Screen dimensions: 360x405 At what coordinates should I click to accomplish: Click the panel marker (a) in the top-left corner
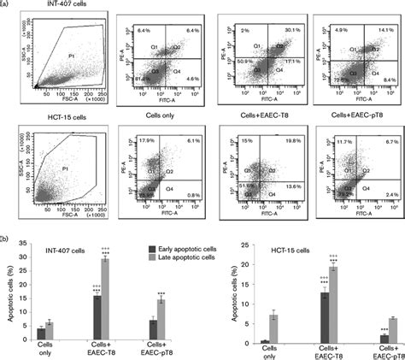tap(6, 4)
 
